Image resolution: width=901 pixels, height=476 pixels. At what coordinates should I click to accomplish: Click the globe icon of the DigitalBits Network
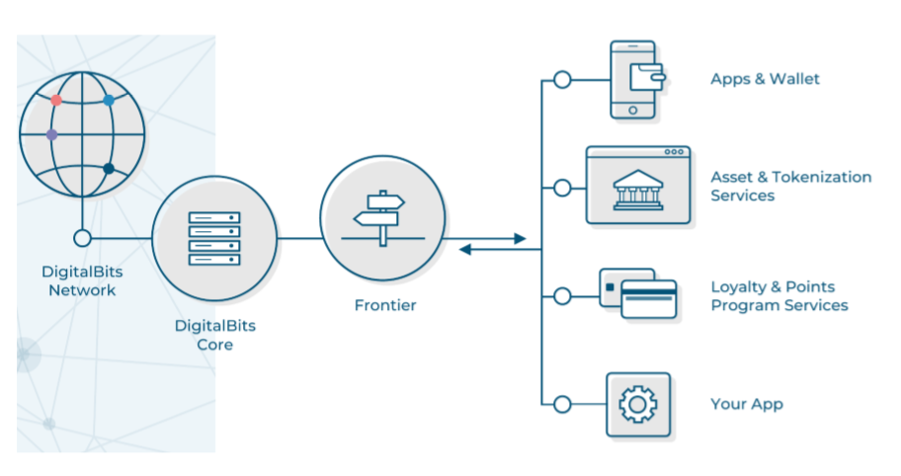(x=82, y=132)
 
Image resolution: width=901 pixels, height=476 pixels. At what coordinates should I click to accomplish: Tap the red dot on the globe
(x=56, y=100)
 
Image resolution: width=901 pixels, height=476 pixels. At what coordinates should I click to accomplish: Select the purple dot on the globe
(x=51, y=134)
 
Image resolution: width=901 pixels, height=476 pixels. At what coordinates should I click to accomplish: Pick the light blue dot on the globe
(x=109, y=100)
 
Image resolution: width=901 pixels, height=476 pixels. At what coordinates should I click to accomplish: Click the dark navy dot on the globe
(x=109, y=169)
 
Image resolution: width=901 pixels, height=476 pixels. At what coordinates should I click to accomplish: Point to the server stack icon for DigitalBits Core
(x=213, y=238)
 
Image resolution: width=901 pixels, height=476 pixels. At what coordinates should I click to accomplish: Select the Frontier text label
(x=385, y=305)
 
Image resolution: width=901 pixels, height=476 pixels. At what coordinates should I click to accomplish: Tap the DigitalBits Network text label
(x=82, y=280)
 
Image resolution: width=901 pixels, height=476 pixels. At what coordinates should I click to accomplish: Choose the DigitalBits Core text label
(x=214, y=334)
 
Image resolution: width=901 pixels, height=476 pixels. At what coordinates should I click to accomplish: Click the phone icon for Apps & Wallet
(x=634, y=79)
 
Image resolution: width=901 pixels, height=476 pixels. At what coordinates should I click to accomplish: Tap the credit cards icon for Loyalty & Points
(x=639, y=293)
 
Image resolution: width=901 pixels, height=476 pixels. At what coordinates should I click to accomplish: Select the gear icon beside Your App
(x=638, y=404)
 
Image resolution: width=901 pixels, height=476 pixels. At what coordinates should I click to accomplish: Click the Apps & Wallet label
(x=765, y=79)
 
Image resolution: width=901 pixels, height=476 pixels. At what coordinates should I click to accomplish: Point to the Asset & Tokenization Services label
(x=790, y=187)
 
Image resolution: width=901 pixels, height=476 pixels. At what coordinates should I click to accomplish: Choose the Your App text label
(x=746, y=404)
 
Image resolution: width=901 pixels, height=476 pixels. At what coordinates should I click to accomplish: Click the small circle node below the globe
(x=82, y=238)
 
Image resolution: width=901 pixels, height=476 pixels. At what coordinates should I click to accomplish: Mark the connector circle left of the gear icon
(x=562, y=404)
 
